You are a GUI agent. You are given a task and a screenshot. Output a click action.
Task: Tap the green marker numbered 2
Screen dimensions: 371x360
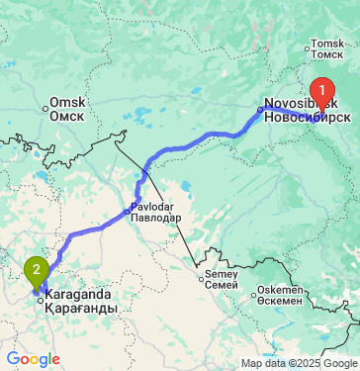click(37, 268)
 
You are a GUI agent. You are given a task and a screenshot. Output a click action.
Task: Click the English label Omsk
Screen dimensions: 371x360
click(67, 103)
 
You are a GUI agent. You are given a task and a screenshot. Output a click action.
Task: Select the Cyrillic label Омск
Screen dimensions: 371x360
click(67, 116)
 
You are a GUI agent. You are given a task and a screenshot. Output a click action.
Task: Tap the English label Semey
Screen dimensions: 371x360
click(224, 272)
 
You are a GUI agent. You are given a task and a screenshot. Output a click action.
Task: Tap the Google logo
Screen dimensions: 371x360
click(33, 358)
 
